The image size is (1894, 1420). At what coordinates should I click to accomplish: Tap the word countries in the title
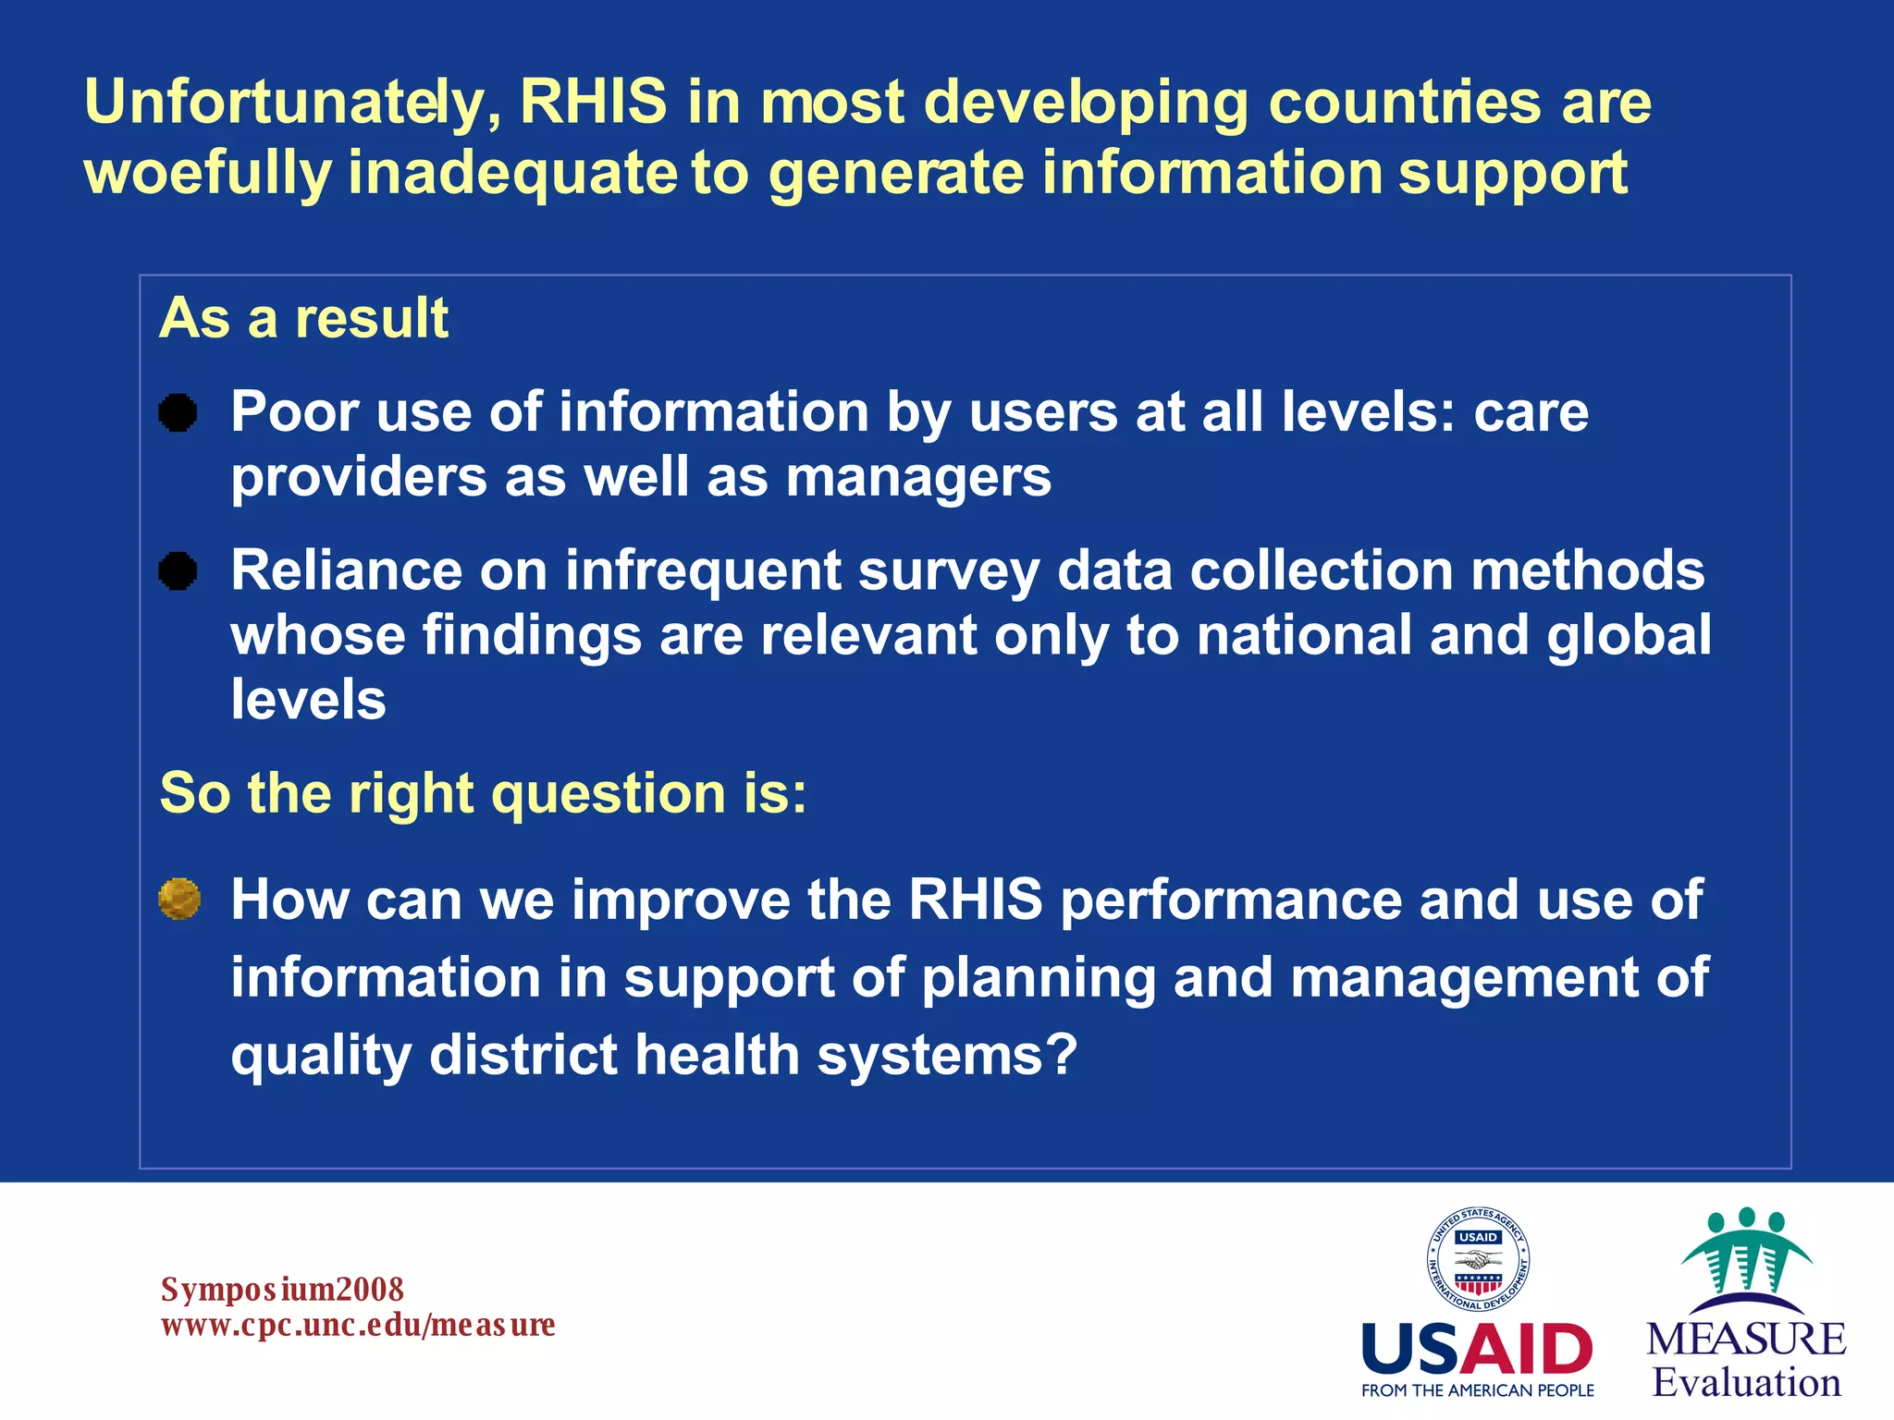1404,102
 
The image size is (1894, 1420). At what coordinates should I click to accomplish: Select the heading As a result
303,318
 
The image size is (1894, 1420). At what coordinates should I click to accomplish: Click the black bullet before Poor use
178,412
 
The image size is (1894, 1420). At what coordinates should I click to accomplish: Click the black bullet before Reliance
178,570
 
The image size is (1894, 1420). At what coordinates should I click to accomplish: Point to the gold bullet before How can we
179,899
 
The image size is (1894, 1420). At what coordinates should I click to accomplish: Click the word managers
918,478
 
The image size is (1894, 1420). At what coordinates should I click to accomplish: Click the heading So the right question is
483,793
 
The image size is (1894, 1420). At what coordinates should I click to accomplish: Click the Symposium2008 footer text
282,1289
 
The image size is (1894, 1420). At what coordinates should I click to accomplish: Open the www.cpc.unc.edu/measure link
358,1325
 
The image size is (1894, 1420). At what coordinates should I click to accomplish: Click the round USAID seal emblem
1477,1259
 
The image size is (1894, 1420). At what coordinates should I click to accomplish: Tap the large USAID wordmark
1477,1349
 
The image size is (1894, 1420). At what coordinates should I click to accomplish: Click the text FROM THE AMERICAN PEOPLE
1477,1390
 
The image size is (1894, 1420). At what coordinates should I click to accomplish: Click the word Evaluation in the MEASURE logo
1746,1383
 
